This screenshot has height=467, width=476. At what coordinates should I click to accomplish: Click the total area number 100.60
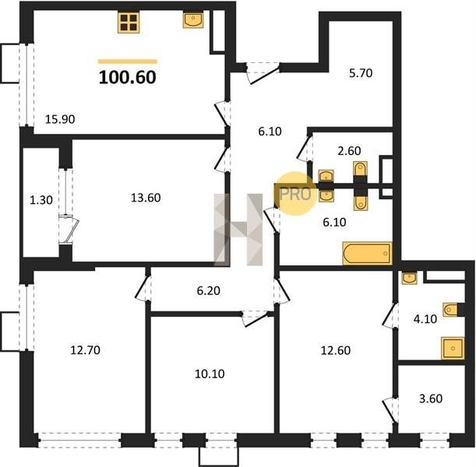coord(128,77)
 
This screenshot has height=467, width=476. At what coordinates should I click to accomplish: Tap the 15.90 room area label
coord(60,119)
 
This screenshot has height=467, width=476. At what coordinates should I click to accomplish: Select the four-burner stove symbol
coord(129,23)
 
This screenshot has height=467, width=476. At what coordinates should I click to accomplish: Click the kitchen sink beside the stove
coord(193,19)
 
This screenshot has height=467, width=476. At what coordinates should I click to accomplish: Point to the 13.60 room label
coord(146,198)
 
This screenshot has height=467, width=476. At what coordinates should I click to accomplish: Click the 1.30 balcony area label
coord(41,200)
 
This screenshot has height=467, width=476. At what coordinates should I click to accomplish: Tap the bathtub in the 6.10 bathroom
coord(367,253)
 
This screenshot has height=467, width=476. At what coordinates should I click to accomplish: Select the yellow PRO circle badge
coord(295,194)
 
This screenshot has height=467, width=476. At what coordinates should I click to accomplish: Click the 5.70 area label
coord(361,73)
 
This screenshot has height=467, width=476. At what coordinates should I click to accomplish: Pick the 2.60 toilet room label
coord(349,151)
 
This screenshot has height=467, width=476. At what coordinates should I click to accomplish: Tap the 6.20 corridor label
coord(209,291)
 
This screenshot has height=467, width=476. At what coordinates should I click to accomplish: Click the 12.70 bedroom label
coord(85,350)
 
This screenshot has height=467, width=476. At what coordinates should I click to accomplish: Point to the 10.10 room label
coord(210,374)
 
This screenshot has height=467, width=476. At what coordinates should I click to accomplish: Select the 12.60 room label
coord(336,350)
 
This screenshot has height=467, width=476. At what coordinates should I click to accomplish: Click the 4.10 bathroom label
coord(425,318)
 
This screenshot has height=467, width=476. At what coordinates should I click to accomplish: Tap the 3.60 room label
coord(431,399)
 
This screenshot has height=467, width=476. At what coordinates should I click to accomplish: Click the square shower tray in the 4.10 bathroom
coord(453,348)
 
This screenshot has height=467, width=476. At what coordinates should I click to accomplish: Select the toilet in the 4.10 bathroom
coord(450,310)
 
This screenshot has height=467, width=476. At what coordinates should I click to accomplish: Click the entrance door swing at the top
coord(263,73)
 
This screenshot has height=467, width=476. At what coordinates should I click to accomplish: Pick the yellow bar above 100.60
coord(128,61)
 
